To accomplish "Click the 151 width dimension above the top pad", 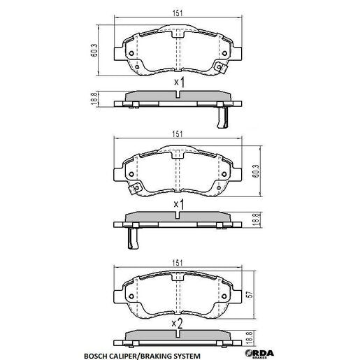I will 179,11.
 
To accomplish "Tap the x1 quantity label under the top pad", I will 179,84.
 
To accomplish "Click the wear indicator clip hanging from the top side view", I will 222,115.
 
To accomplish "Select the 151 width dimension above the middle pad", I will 179,135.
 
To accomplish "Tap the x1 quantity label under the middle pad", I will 179,204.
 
